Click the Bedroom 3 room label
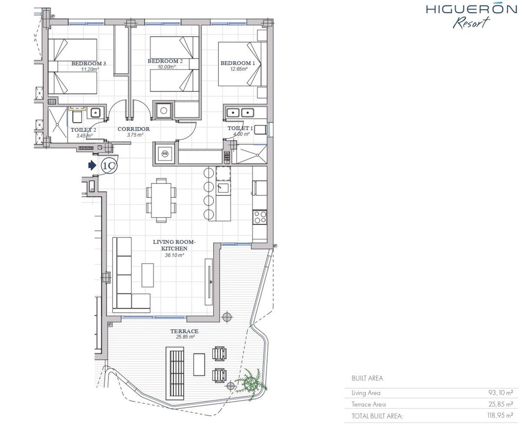pyautogui.click(x=88, y=64)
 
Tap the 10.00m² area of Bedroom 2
pyautogui.click(x=166, y=67)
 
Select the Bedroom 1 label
pyautogui.click(x=238, y=63)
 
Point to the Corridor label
pyautogui.click(x=134, y=129)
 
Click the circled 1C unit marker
pyautogui.click(x=109, y=166)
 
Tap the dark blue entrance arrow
pyautogui.click(x=92, y=165)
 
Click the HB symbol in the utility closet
pyautogui.click(x=164, y=154)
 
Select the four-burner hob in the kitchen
pyautogui.click(x=259, y=217)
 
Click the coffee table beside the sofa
pyautogui.click(x=147, y=275)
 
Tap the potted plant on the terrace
pyautogui.click(x=251, y=384)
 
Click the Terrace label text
pyautogui.click(x=184, y=331)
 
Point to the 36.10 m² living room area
pyautogui.click(x=174, y=255)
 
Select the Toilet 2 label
pyautogui.click(x=83, y=130)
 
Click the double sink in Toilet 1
pyautogui.click(x=240, y=113)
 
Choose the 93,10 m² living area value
pyautogui.click(x=500, y=393)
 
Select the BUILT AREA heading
pyautogui.click(x=367, y=378)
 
